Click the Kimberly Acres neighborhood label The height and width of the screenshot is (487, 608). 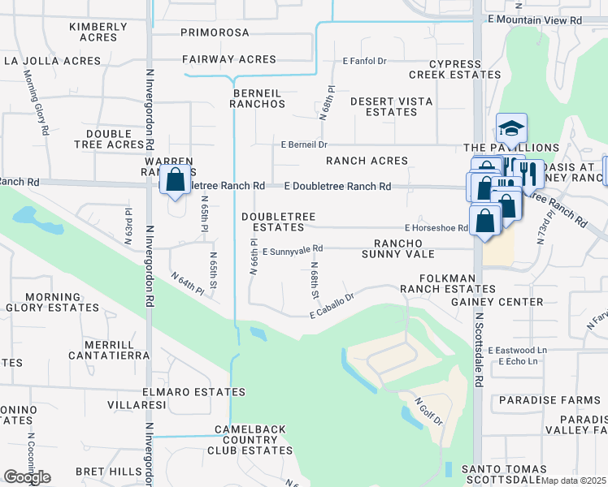coord(98,32)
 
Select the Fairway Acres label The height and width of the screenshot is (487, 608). coord(229,59)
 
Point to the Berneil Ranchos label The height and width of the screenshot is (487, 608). coord(257,98)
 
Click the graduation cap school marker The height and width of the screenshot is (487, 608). coord(511,129)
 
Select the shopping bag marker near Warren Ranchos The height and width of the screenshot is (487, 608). coord(175,181)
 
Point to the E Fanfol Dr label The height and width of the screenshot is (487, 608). coord(368,61)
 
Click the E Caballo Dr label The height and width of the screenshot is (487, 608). coord(333,307)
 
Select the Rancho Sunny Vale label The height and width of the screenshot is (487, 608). coord(411,248)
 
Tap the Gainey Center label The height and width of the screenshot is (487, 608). coord(497,302)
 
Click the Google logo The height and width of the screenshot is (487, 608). coord(27,477)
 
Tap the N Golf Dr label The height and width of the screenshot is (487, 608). coord(428,411)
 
